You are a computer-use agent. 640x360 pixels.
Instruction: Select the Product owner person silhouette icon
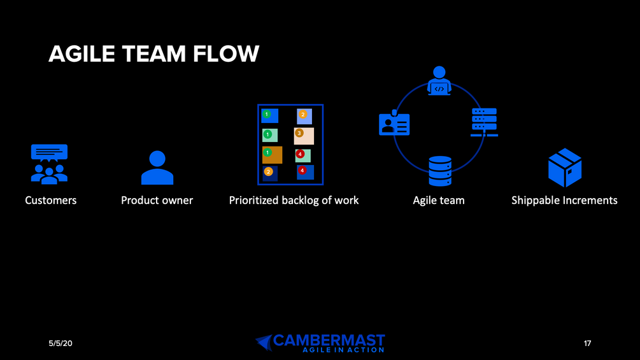157,168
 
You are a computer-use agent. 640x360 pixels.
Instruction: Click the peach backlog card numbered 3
304,136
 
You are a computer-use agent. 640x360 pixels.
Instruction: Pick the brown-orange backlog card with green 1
273,155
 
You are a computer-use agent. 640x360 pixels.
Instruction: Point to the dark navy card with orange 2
269,173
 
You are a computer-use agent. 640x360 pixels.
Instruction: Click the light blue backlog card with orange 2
304,116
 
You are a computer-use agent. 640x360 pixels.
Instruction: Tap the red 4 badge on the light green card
299,153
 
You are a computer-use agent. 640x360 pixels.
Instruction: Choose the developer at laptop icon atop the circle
439,81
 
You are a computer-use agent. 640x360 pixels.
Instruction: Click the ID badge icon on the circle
394,124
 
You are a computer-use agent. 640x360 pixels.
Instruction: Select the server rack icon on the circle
484,122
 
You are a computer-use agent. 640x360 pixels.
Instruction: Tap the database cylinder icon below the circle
440,171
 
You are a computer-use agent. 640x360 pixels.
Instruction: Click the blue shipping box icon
565,168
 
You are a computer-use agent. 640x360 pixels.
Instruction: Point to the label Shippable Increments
564,200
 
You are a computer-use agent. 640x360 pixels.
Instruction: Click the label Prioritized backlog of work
294,200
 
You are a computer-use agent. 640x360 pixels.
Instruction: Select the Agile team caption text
439,200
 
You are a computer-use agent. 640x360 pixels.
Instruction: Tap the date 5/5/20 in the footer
60,343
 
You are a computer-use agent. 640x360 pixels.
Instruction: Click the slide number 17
587,343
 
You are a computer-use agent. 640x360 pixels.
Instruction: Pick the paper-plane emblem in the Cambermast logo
264,342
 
